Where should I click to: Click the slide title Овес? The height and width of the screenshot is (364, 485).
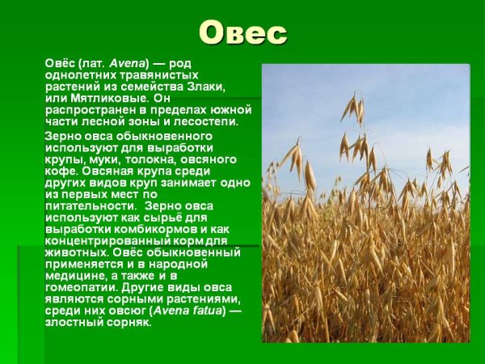[242, 33]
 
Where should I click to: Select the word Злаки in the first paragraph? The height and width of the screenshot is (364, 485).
[205, 87]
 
